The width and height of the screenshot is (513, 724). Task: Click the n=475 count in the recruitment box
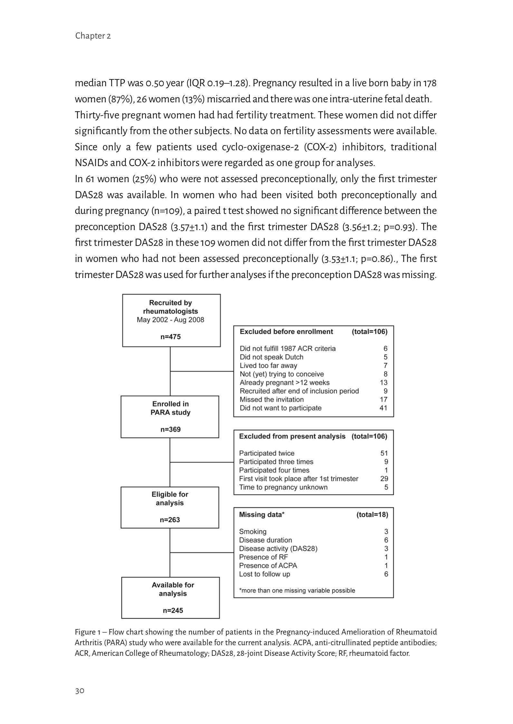click(x=171, y=337)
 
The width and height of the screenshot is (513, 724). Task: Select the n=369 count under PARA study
click(x=170, y=429)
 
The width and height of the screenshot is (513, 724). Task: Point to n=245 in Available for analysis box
click(x=173, y=610)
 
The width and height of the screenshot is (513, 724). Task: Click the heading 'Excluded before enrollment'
click(x=286, y=332)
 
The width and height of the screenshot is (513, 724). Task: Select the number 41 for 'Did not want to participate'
click(x=383, y=408)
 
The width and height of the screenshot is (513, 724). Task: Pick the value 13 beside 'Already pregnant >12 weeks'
click(x=384, y=383)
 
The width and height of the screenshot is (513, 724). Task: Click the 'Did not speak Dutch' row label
click(x=271, y=357)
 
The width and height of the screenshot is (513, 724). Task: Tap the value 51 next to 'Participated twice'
click(x=384, y=453)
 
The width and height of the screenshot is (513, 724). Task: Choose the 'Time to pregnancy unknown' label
click(x=283, y=487)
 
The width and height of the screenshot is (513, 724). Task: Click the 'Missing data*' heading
click(x=261, y=515)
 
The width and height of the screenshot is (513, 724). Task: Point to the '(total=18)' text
click(x=372, y=515)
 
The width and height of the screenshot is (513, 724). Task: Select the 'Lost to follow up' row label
click(x=264, y=574)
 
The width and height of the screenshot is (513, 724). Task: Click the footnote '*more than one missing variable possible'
click(x=297, y=590)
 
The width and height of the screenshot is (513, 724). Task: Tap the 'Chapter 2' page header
click(x=93, y=36)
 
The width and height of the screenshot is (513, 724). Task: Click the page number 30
click(x=80, y=691)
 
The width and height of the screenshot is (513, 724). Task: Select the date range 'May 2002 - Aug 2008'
click(x=170, y=320)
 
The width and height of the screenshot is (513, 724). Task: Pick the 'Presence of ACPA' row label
click(x=268, y=565)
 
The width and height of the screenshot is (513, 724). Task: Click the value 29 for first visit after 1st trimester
click(x=384, y=479)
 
